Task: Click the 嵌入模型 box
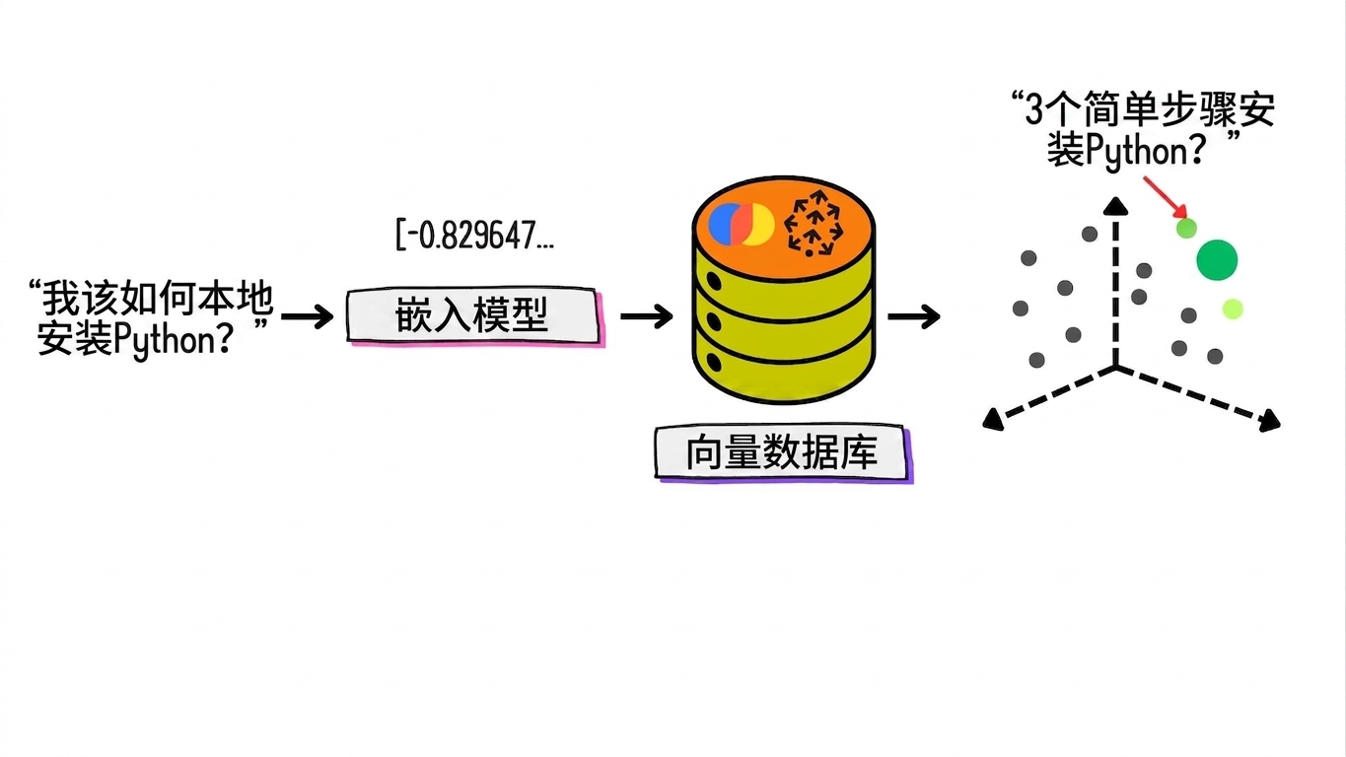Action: (474, 315)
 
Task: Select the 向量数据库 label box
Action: (784, 453)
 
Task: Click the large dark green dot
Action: (1217, 260)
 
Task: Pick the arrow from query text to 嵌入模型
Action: (307, 316)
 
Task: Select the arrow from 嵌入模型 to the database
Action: (647, 316)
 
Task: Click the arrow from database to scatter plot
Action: (914, 316)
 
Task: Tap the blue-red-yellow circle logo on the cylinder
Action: (741, 224)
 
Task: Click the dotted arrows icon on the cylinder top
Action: (815, 224)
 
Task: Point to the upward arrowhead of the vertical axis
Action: (1116, 206)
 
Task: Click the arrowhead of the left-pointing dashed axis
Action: (993, 420)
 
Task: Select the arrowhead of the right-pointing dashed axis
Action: (1270, 421)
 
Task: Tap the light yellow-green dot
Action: (1233, 309)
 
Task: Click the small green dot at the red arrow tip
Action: (1186, 229)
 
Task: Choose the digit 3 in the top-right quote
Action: (1033, 110)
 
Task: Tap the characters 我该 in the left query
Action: (80, 299)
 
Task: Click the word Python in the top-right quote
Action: (1136, 150)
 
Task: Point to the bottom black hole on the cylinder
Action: (714, 363)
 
